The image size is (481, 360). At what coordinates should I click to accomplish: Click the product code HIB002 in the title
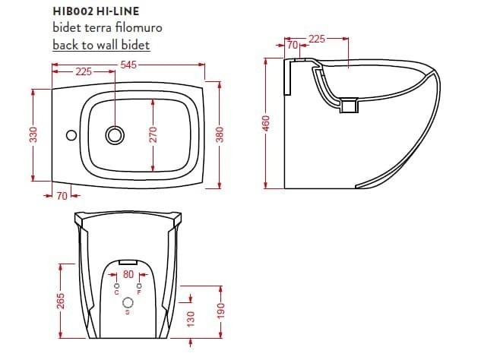74,11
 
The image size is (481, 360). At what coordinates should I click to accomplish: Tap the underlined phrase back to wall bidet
101,44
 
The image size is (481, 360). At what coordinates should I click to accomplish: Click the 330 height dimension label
33,135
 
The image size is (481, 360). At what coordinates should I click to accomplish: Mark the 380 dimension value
220,135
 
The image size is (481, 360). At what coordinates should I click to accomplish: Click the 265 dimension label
61,301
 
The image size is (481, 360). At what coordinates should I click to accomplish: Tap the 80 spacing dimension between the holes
128,273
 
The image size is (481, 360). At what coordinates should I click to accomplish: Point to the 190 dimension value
220,311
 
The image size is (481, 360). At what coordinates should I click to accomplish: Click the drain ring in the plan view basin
115,135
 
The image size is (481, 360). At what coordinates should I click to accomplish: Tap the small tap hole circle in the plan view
71,136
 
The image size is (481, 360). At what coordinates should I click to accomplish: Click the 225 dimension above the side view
317,38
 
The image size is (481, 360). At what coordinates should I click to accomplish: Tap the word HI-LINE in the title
119,11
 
